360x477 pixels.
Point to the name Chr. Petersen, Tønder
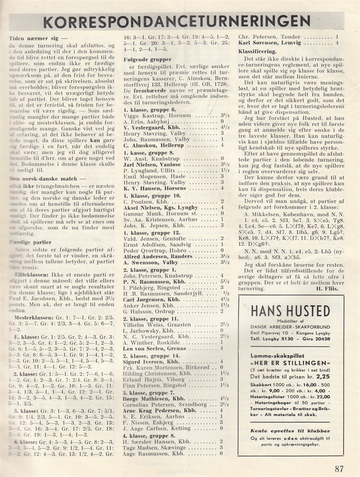[x=267, y=36]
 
